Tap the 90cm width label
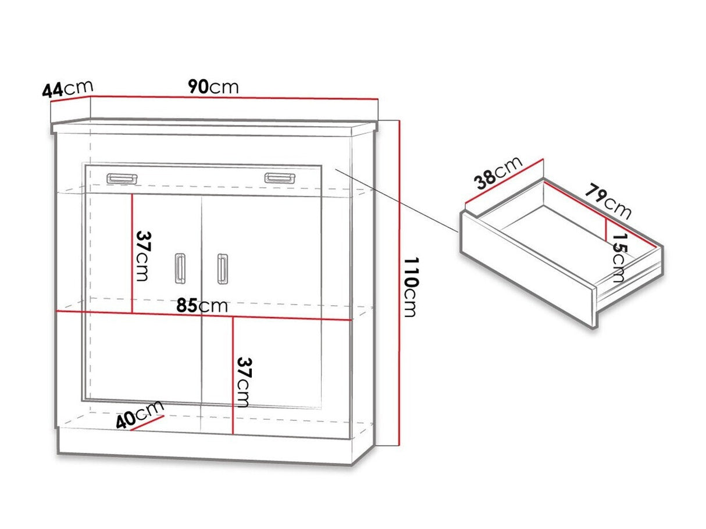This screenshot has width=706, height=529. tap(213, 87)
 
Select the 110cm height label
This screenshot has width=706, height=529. tap(411, 287)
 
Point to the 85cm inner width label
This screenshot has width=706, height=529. tap(202, 306)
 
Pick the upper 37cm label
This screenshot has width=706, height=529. tap(143, 256)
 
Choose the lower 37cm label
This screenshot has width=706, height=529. tap(243, 383)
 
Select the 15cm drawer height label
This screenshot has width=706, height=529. tap(619, 258)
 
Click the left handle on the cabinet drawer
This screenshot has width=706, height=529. tap(122, 179)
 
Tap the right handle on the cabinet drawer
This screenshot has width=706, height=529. tap(280, 178)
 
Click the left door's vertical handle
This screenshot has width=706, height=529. tap(180, 269)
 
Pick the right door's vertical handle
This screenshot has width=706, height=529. tap(222, 269)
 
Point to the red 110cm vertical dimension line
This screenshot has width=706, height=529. tap(399, 283)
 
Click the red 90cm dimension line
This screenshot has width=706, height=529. tap(234, 98)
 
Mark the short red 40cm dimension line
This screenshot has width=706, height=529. tap(148, 423)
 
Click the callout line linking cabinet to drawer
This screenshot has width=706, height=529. tap(397, 200)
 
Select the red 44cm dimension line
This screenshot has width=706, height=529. tap(71, 99)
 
